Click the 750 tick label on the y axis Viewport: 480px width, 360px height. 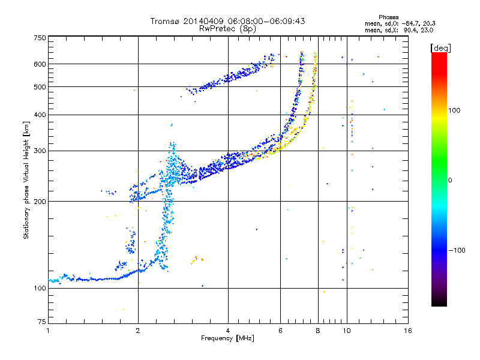click(40, 37)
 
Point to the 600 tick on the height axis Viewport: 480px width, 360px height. click(40, 64)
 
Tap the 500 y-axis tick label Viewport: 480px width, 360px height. click(40, 86)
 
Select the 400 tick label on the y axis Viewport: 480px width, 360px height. click(40, 115)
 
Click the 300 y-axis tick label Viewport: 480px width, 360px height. click(40, 151)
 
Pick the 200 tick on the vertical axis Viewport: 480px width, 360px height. click(40, 201)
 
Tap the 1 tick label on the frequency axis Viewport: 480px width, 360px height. click(48, 331)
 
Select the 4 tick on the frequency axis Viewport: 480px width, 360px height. click(228, 331)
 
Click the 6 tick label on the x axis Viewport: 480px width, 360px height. click(280, 331)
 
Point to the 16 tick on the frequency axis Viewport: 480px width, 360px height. click(408, 331)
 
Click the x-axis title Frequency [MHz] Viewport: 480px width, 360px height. click(228, 339)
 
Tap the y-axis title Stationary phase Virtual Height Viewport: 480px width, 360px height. click(27, 180)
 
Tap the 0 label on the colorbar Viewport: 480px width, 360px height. click(451, 180)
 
